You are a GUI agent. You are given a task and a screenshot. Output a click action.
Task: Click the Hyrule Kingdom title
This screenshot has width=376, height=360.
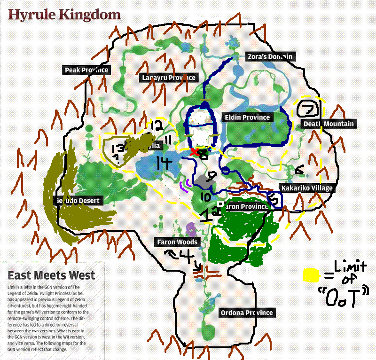pyautogui.click(x=64, y=15)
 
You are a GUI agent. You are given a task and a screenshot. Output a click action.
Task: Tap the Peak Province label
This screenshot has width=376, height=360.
pyautogui.click(x=86, y=70)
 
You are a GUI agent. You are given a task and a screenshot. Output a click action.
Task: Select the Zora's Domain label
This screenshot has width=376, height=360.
pyautogui.click(x=270, y=56)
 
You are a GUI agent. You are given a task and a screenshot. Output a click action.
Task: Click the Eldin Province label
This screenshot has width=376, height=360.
pyautogui.click(x=247, y=117)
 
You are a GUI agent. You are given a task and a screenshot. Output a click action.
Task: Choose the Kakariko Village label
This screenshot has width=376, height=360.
pyautogui.click(x=306, y=188)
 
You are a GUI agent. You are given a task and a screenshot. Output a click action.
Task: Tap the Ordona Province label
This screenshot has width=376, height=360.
pyautogui.click(x=246, y=313)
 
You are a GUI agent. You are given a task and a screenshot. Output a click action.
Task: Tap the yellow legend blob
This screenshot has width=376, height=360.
pyautogui.click(x=310, y=274)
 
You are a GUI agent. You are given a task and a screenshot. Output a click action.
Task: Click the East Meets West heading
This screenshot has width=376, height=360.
pyautogui.click(x=51, y=275)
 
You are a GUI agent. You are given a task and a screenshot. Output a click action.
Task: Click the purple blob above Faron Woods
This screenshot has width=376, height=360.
pyautogui.click(x=191, y=229)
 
